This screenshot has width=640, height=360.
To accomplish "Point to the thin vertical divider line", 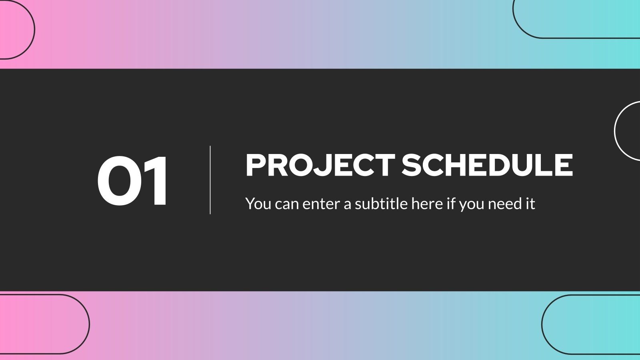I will click(210, 180).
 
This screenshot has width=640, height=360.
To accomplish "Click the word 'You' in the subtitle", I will click(258, 204).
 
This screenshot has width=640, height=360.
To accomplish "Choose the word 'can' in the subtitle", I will click(287, 204).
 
